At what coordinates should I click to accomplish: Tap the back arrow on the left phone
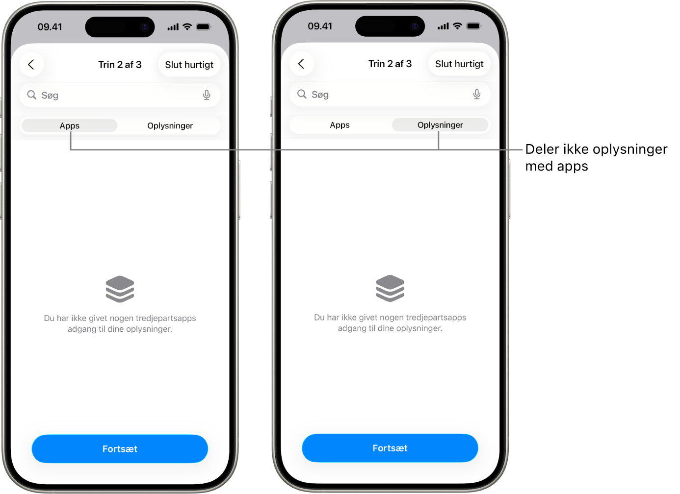pyautogui.click(x=31, y=64)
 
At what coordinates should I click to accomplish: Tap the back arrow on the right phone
pyautogui.click(x=301, y=64)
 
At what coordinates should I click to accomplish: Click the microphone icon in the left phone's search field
pyautogui.click(x=207, y=95)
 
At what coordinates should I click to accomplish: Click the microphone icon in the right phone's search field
pyautogui.click(x=477, y=94)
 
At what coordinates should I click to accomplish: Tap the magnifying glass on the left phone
pyautogui.click(x=31, y=95)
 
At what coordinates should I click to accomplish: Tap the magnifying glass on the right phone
pyautogui.click(x=302, y=94)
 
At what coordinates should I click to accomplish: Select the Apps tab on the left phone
pyautogui.click(x=70, y=125)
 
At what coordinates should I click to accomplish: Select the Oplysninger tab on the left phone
pyautogui.click(x=170, y=125)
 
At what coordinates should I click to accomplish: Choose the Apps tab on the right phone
pyautogui.click(x=340, y=125)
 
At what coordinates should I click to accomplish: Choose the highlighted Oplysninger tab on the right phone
pyautogui.click(x=440, y=125)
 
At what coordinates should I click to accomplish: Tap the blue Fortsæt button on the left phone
pyautogui.click(x=120, y=449)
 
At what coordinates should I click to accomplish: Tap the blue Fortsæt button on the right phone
pyautogui.click(x=390, y=448)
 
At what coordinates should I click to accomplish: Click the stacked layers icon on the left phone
pyautogui.click(x=120, y=289)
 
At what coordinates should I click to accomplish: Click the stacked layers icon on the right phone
pyautogui.click(x=390, y=288)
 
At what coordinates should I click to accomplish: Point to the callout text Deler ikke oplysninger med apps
pyautogui.click(x=596, y=158)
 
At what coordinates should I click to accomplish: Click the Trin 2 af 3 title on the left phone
pyautogui.click(x=120, y=65)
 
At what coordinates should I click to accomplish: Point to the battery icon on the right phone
pyautogui.click(x=474, y=26)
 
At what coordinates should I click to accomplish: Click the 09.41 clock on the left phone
pyautogui.click(x=50, y=27)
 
